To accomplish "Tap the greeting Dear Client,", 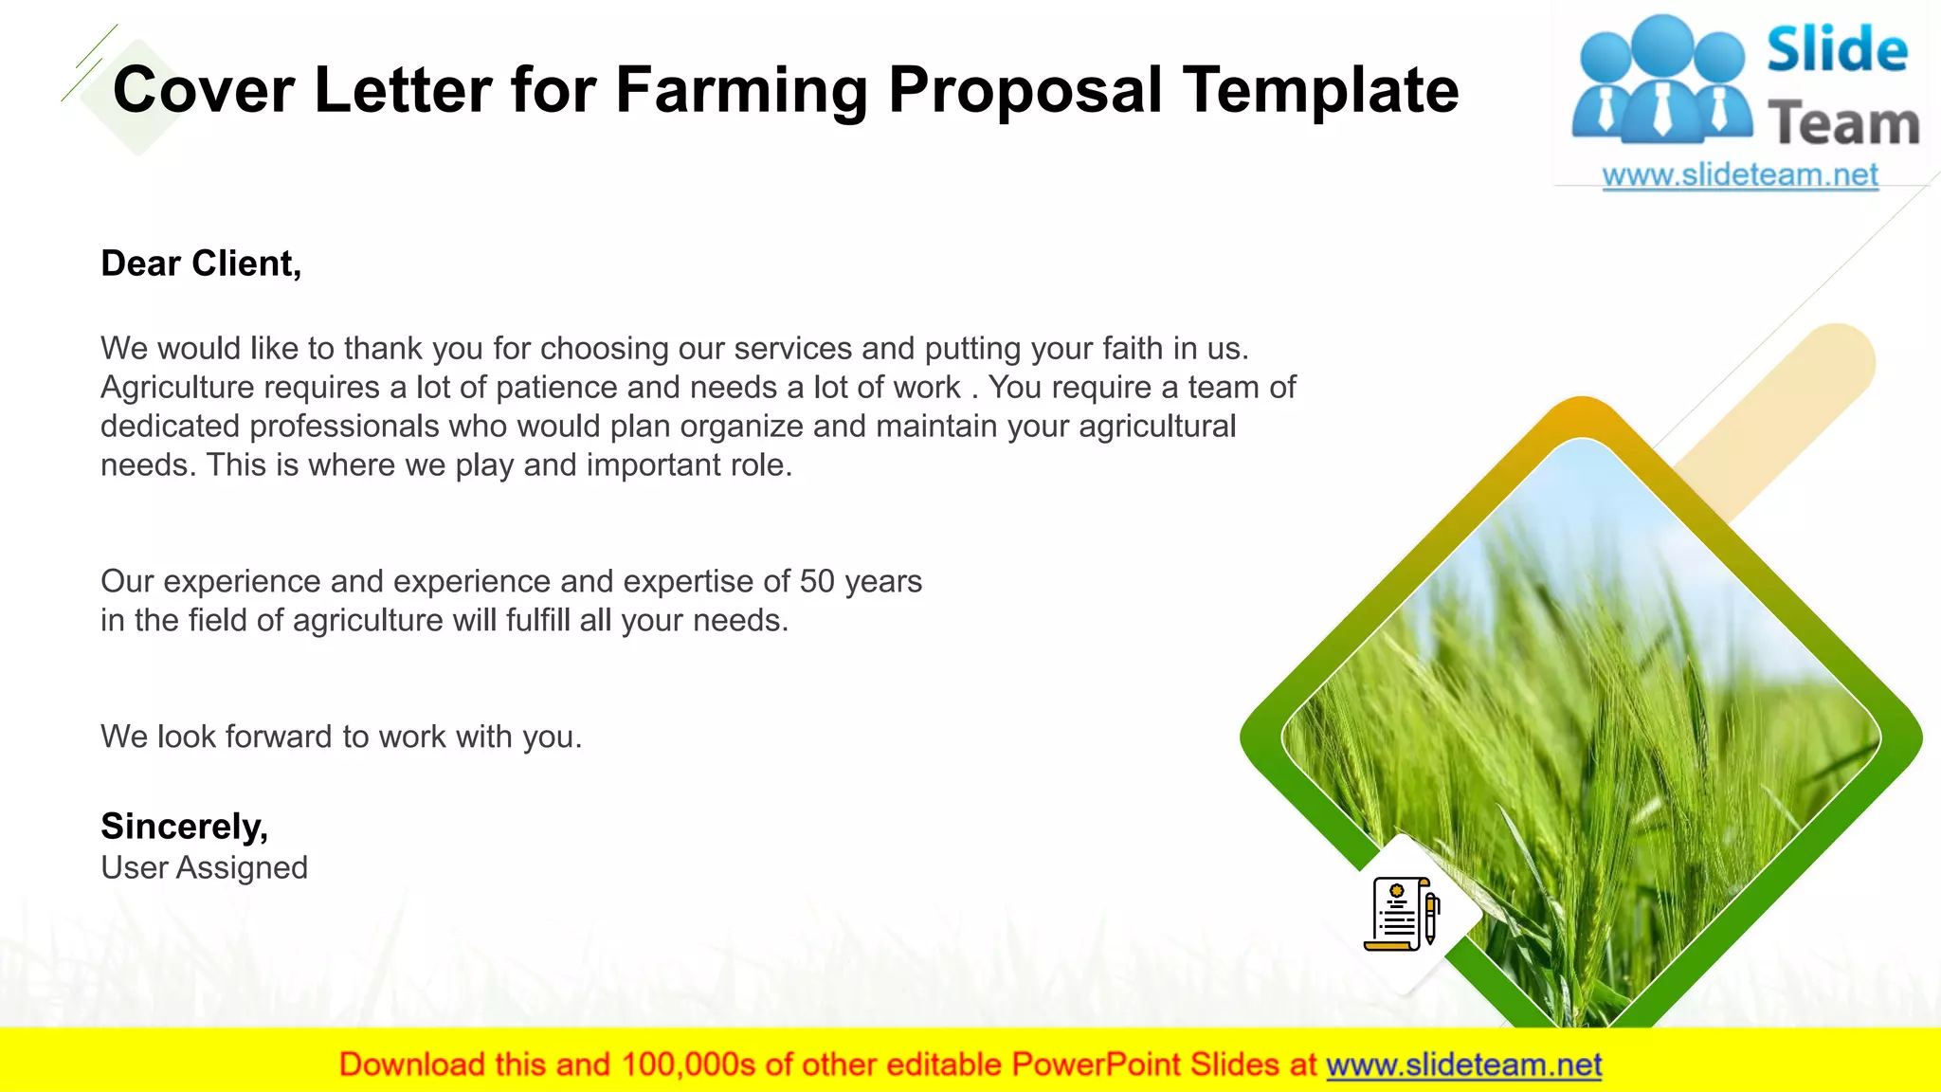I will pyautogui.click(x=201, y=264).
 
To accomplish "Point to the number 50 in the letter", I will pyautogui.click(x=817, y=581).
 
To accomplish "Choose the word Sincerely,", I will pyautogui.click(x=184, y=827).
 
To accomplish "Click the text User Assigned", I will pyautogui.click(x=204, y=867).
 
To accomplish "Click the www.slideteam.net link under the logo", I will pyautogui.click(x=1740, y=175).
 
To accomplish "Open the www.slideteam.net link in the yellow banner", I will pyautogui.click(x=1463, y=1065).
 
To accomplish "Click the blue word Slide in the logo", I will pyautogui.click(x=1837, y=50).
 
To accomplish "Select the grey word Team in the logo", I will pyautogui.click(x=1843, y=124).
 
